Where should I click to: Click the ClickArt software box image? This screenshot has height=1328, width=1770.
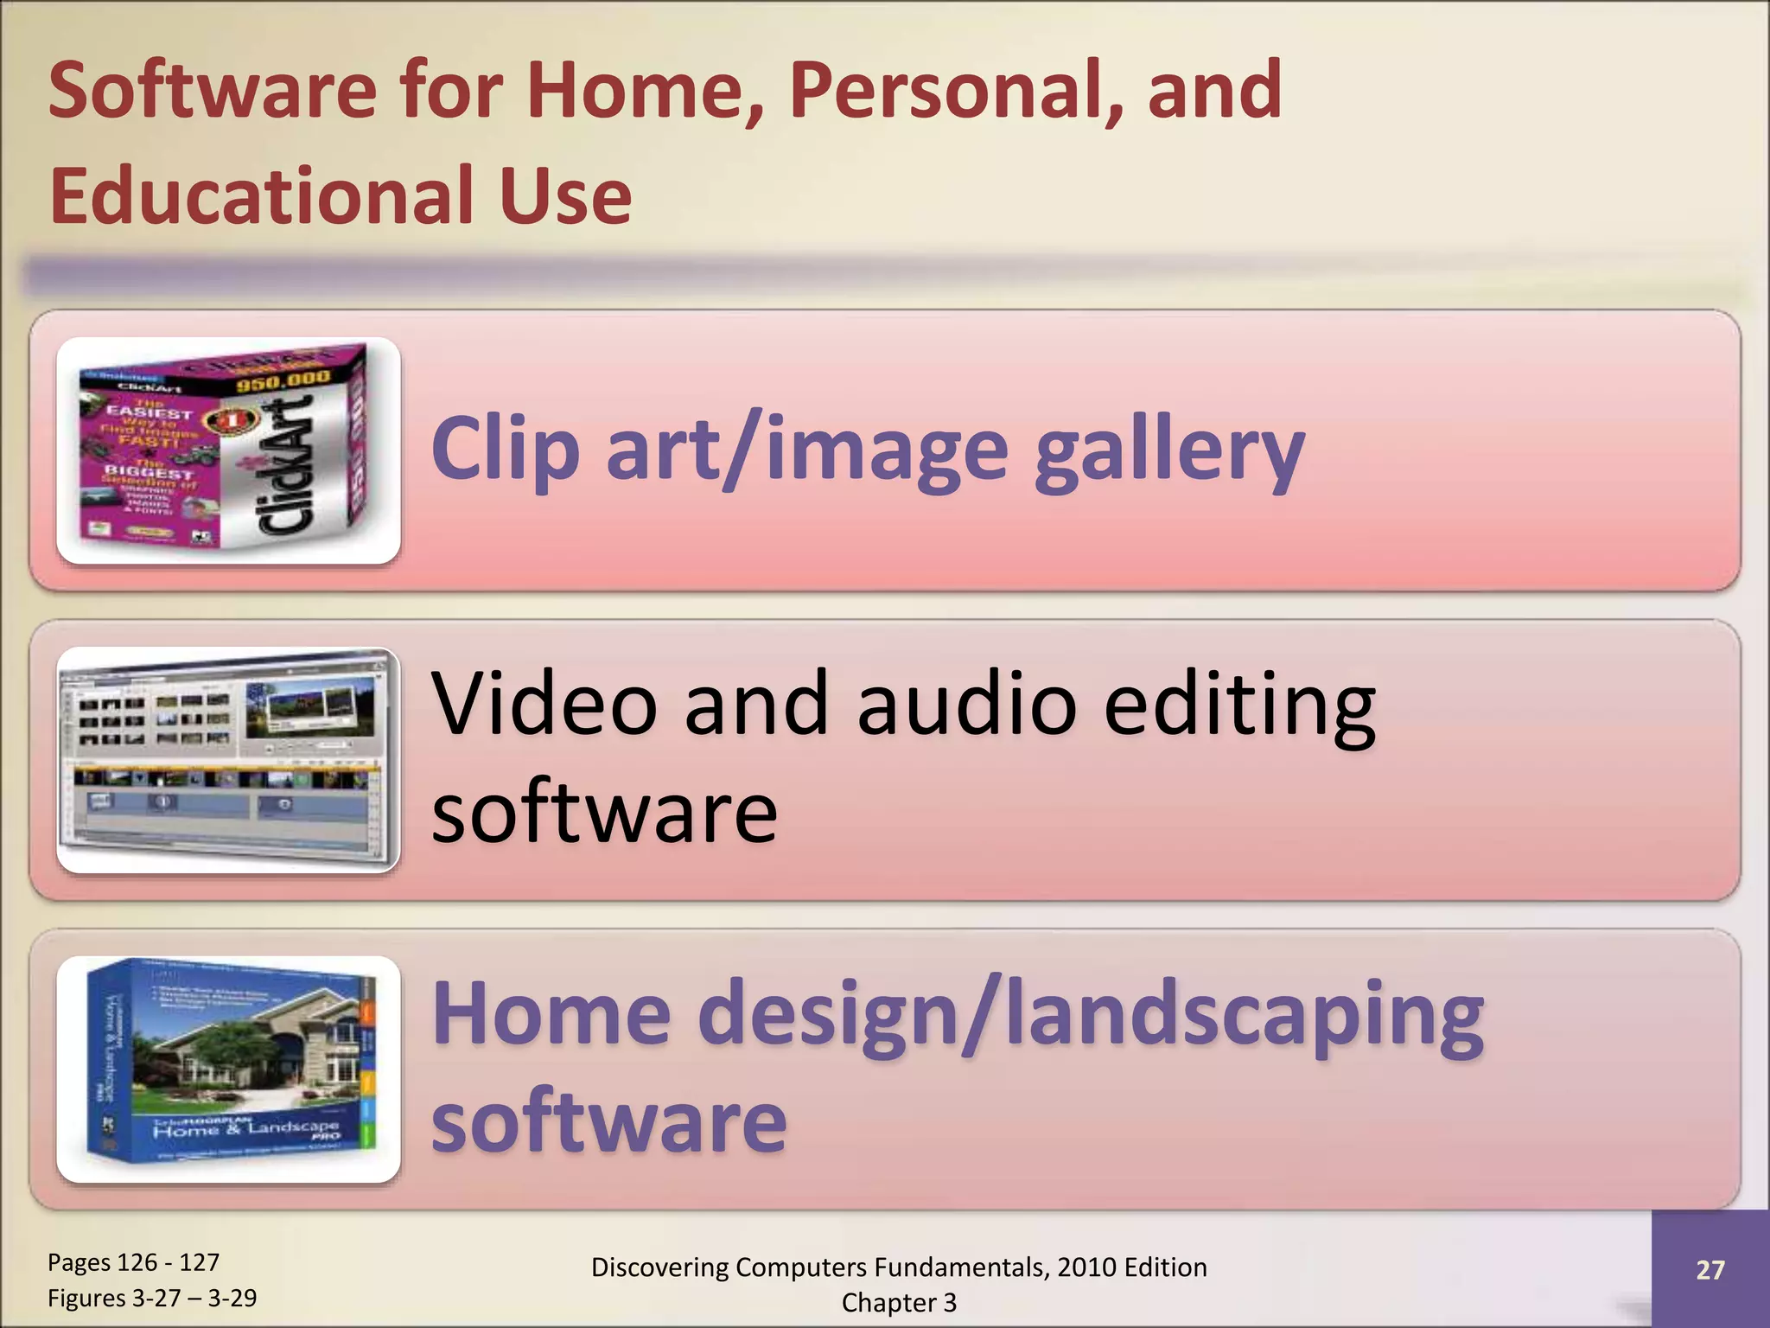pos(228,450)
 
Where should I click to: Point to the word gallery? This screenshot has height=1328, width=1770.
pos(1169,450)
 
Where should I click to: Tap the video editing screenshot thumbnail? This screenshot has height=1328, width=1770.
pos(228,760)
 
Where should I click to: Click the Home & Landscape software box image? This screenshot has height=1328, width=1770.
pos(228,1069)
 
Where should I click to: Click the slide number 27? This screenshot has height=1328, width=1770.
pos(1710,1269)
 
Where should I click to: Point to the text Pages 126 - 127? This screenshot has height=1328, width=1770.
pos(133,1262)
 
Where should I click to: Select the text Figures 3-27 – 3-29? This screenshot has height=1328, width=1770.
pos(152,1298)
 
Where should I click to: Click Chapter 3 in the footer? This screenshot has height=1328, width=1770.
pos(899,1302)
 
